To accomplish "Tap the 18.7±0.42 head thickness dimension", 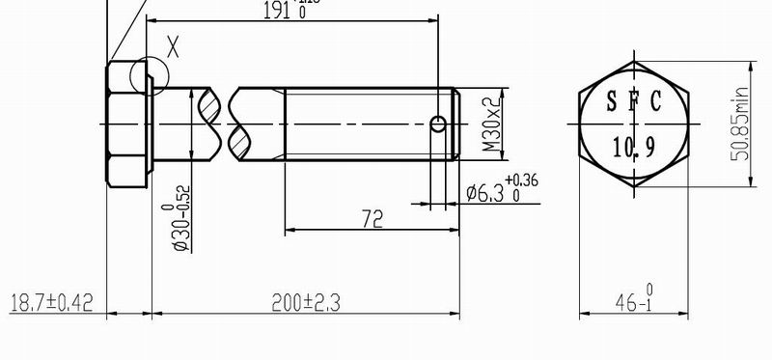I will click(x=49, y=303).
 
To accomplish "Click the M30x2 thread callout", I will click(x=492, y=125).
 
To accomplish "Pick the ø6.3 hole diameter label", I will click(x=484, y=193).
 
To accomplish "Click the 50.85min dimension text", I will click(x=741, y=125).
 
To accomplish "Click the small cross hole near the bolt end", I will click(x=439, y=124).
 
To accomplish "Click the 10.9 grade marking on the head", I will click(x=633, y=146).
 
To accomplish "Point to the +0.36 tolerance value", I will click(x=521, y=180).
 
